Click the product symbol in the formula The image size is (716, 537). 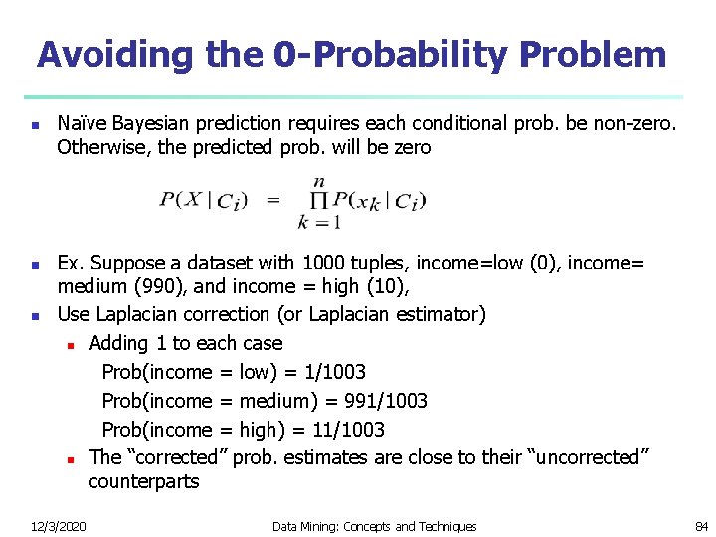coord(319,202)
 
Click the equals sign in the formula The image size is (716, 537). coord(272,200)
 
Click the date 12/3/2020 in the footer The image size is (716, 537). coord(58,526)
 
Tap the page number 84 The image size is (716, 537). coord(701,526)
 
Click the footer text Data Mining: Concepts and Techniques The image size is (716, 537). coord(374,526)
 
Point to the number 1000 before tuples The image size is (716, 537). coord(326,263)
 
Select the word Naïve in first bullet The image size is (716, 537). coord(83,124)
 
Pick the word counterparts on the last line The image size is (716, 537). coord(143,481)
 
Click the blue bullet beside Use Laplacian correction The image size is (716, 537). coord(35,316)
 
